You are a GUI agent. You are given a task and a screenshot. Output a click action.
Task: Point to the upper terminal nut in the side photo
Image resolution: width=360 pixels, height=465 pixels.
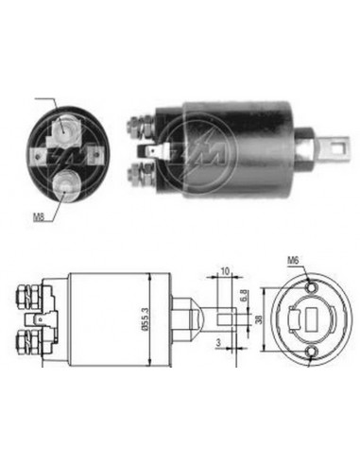point(138,123)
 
